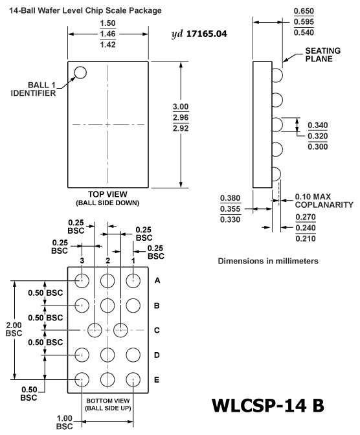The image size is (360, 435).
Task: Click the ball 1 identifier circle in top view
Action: click(80, 67)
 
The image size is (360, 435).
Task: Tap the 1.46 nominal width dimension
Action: click(107, 34)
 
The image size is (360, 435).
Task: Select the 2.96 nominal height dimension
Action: click(181, 117)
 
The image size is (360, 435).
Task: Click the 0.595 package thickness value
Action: click(304, 21)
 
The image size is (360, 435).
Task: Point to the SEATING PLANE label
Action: click(323, 54)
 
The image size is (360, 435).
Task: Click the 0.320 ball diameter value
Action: click(318, 136)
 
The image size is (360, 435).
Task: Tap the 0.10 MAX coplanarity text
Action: click(313, 197)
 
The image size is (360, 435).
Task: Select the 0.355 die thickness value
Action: click(230, 208)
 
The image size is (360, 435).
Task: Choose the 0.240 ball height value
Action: click(306, 228)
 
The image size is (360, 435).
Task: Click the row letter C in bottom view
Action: click(157, 330)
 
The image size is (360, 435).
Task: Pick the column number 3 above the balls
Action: click(82, 260)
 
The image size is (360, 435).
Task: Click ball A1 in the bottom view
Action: click(133, 280)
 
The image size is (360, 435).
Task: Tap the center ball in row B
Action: click(107, 306)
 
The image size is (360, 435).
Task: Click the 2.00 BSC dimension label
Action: click(14, 329)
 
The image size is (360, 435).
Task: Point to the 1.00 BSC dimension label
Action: click(64, 422)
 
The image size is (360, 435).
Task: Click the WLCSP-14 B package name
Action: click(268, 405)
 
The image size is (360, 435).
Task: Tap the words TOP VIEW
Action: click(107, 194)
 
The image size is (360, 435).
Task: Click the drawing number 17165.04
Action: click(207, 34)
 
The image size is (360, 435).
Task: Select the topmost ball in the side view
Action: click(282, 75)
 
